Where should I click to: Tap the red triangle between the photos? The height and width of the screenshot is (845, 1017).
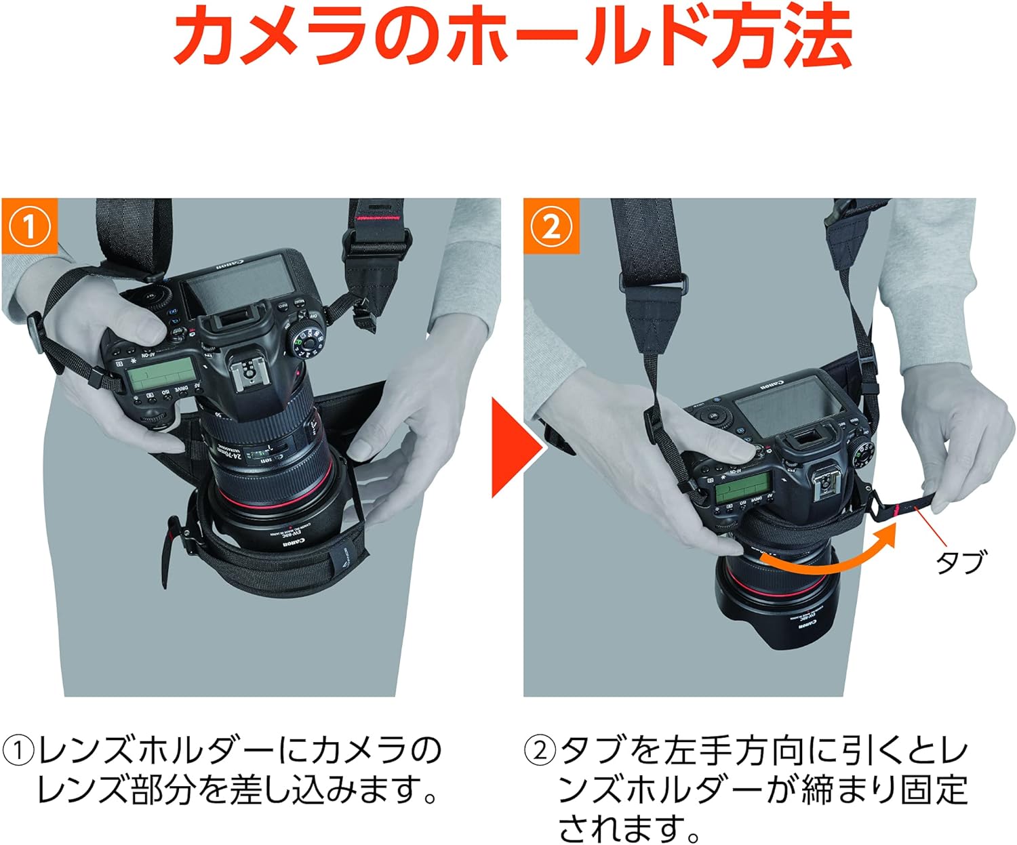coord(515,448)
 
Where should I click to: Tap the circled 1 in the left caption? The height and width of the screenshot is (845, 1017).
coord(18,751)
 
